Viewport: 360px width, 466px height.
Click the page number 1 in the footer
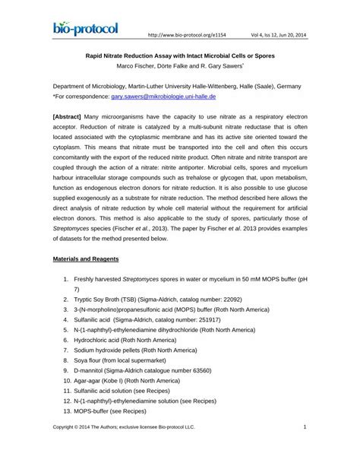305,449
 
